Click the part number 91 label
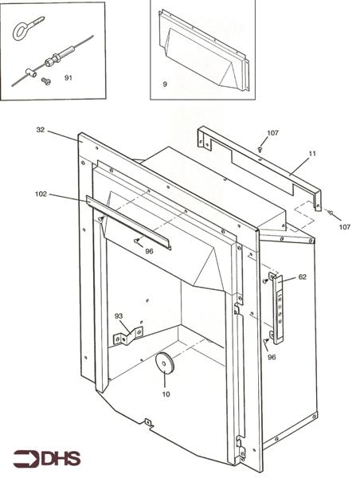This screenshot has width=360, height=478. [x=68, y=78]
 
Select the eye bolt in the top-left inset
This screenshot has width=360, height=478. [x=27, y=28]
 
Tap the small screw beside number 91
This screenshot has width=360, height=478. [x=46, y=81]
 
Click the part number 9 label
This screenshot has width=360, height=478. [x=165, y=84]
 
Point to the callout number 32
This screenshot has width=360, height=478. [x=41, y=130]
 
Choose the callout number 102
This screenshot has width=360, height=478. [x=41, y=194]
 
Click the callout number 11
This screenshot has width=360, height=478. [x=312, y=154]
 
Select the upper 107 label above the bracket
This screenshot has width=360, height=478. [x=272, y=133]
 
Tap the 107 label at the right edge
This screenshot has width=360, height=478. [x=345, y=227]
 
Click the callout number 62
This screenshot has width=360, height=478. [x=302, y=276]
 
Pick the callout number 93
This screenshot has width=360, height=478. [x=119, y=316]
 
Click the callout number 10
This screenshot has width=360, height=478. [x=166, y=394]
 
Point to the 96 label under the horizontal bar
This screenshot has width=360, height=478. [x=149, y=251]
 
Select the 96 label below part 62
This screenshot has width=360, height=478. [x=272, y=357]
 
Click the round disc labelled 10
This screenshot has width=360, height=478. [x=164, y=362]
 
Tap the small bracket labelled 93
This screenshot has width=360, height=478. [x=128, y=335]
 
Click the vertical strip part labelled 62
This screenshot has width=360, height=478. [x=277, y=308]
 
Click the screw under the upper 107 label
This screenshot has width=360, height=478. [x=260, y=150]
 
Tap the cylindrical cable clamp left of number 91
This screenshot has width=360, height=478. [x=31, y=72]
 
